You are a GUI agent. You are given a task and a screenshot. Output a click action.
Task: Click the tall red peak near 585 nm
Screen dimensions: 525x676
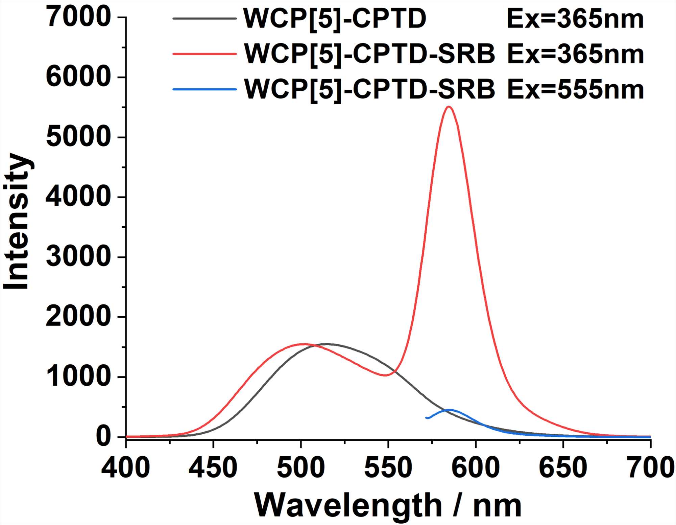pos(449,107)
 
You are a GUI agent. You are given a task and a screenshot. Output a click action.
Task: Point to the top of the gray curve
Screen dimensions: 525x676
pos(327,344)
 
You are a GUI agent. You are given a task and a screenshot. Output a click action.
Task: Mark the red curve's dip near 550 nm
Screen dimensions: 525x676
pos(385,375)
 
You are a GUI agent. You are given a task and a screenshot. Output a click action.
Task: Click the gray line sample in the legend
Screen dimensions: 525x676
pos(204,18)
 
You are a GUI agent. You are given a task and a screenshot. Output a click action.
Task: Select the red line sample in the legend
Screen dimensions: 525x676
pos(204,53)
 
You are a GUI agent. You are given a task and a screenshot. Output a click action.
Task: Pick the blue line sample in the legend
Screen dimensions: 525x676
pos(204,89)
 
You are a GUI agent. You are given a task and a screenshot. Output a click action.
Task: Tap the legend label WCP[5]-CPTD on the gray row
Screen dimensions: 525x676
pos(335,19)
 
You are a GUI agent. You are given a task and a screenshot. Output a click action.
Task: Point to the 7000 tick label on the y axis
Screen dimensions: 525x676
pos(78,18)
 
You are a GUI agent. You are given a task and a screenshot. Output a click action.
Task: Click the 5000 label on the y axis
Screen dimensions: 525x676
pos(78,137)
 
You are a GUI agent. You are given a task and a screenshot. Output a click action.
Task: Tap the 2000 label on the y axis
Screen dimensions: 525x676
pos(78,317)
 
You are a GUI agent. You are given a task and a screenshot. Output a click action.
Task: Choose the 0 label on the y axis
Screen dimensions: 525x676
pos(103,437)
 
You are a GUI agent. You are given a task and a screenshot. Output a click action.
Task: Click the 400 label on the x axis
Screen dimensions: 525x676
pos(125,468)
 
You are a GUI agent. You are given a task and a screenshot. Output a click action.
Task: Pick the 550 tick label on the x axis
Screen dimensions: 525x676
pos(388,468)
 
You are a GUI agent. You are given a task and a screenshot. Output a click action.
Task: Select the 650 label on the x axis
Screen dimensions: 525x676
pos(563,468)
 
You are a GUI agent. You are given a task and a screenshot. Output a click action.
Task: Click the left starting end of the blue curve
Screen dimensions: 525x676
pos(426,417)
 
